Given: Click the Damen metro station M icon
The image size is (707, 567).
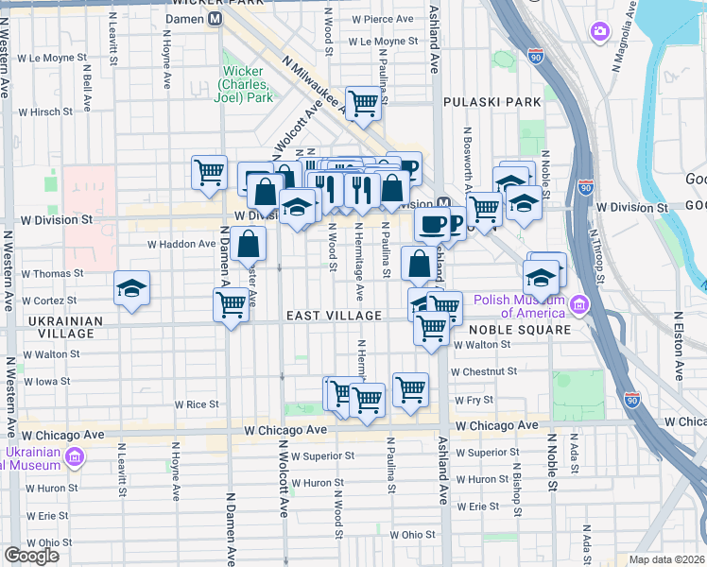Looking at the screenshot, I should [x=216, y=19].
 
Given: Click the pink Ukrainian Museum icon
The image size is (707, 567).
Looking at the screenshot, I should [x=75, y=459].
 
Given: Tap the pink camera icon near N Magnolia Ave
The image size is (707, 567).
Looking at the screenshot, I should [x=599, y=32].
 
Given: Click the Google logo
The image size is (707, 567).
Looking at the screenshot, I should [x=31, y=556].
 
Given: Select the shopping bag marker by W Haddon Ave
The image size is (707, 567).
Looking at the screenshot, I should [x=248, y=245].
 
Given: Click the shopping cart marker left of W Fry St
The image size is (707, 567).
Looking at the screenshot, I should [x=410, y=388].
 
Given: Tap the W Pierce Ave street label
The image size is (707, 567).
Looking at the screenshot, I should [x=382, y=19].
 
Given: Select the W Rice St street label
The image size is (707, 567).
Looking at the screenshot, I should [x=196, y=404].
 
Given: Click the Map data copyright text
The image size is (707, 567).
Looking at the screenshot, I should [x=666, y=559].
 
